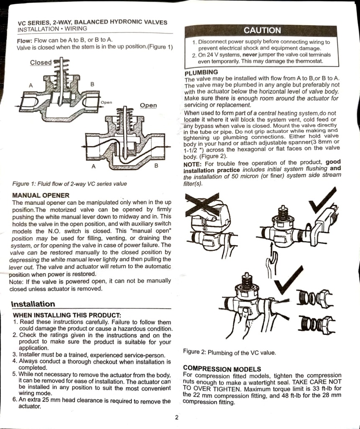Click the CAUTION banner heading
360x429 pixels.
coord(262,30)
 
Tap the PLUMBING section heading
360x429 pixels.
coord(201,72)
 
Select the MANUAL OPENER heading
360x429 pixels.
coord(41,195)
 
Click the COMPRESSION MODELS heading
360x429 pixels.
coord(222,369)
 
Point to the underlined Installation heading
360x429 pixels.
coord(33,304)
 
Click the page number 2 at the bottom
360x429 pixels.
coord(177,417)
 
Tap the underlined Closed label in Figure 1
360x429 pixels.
coord(41,63)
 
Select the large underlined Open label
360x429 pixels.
coord(148,105)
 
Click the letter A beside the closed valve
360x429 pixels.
coord(31,85)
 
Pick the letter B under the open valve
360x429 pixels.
coord(156,165)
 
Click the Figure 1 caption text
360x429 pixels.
coord(69,183)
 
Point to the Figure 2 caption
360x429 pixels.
coord(229,352)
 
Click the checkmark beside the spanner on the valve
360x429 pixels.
coord(323,201)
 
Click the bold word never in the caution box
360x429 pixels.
coord(250,55)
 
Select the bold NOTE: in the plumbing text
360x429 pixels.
coord(193,164)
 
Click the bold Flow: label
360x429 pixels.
coord(25,41)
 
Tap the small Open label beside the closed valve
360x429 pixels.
coord(106,102)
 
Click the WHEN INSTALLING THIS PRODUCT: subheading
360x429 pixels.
coord(67,315)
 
